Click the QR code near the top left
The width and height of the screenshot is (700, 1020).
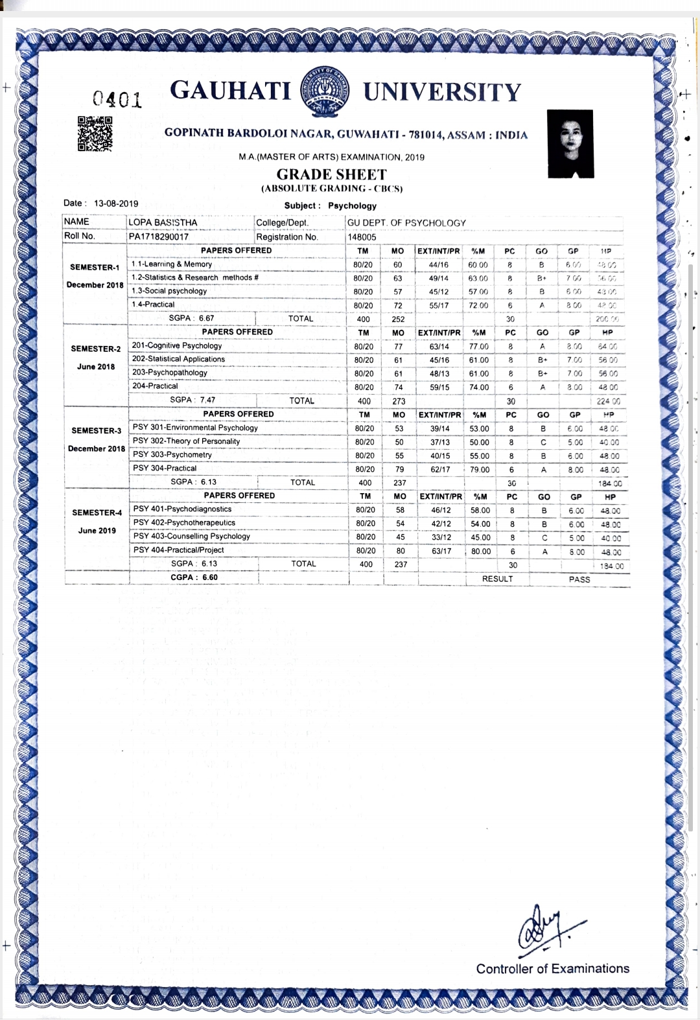click(95, 133)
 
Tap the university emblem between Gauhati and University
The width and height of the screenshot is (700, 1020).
click(326, 91)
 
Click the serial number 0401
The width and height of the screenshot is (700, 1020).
click(117, 99)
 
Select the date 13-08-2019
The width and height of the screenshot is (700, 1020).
click(116, 203)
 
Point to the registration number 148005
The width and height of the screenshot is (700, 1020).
click(362, 237)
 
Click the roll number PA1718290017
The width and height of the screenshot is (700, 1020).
click(158, 237)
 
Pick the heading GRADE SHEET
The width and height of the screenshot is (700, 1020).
click(331, 174)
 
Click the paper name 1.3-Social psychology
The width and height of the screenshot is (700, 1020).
click(169, 291)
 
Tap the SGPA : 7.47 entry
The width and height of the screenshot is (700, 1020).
click(192, 400)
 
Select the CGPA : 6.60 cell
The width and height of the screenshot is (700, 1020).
click(194, 577)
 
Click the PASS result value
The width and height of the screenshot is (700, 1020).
click(579, 579)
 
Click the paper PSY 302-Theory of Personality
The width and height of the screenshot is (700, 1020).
click(186, 441)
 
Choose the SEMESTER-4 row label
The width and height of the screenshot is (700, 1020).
click(97, 513)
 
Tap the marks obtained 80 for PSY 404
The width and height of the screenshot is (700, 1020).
click(401, 551)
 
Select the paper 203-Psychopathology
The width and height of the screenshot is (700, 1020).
click(170, 373)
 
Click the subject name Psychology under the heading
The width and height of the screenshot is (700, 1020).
click(352, 205)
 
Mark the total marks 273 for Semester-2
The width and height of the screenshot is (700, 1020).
click(399, 401)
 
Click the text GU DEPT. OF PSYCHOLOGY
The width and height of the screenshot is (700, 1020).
click(406, 223)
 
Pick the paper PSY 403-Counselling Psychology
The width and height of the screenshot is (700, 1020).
click(191, 537)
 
